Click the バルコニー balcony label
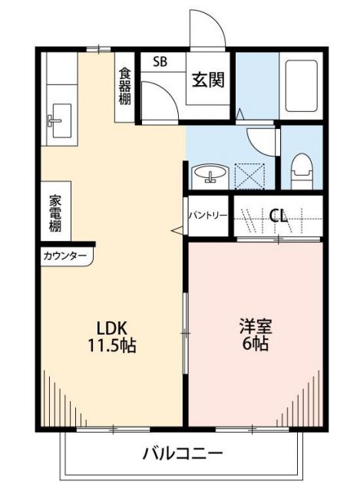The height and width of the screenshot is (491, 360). coord(183,453)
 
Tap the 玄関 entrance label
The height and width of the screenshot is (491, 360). coord(209,80)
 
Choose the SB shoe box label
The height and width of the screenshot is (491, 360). coord(160,61)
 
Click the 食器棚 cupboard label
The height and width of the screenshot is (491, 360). coord(124,87)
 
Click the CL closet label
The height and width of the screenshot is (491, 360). coord(278,216)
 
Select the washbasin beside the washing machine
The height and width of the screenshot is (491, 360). coord(208,175)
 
